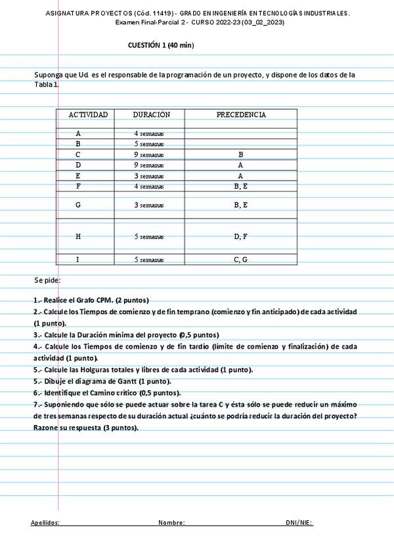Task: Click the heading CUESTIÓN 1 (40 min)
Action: click(x=160, y=45)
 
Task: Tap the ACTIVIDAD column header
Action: click(x=88, y=114)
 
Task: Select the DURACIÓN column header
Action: click(x=151, y=114)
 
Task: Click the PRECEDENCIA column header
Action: click(x=241, y=114)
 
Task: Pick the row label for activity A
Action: click(x=78, y=133)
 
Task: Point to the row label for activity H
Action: click(x=78, y=236)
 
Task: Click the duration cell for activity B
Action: click(x=149, y=144)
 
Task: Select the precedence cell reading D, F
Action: click(x=240, y=236)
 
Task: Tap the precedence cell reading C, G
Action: click(x=240, y=260)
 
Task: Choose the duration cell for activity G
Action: click(x=149, y=206)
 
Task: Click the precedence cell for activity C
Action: click(x=240, y=155)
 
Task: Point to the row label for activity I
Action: click(x=78, y=260)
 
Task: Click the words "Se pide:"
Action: click(x=47, y=280)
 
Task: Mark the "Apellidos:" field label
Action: click(x=45, y=523)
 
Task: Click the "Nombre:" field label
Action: click(x=171, y=523)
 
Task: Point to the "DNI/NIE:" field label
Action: click(x=299, y=523)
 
